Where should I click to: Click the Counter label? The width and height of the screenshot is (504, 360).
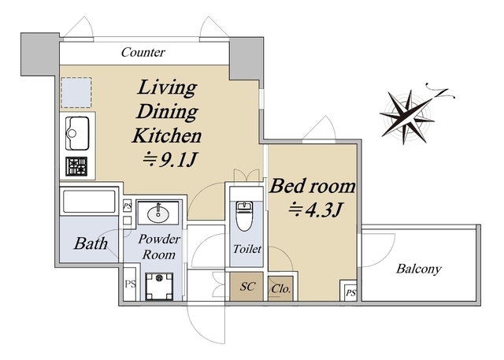pyautogui.click(x=143, y=52)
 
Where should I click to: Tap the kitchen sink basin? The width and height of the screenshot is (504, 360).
pyautogui.click(x=77, y=133)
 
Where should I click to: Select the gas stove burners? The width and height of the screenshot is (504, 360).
pyautogui.click(x=76, y=166)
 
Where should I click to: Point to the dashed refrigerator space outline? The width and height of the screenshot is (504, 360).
pyautogui.click(x=76, y=92)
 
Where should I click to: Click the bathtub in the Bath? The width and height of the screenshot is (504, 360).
pyautogui.click(x=89, y=202)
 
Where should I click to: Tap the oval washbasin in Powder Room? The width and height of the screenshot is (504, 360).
pyautogui.click(x=158, y=213)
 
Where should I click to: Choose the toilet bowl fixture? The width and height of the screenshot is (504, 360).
pyautogui.click(x=245, y=217)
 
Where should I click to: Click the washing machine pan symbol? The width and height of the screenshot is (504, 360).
pyautogui.click(x=159, y=286)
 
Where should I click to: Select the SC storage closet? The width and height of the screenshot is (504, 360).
pyautogui.click(x=246, y=287)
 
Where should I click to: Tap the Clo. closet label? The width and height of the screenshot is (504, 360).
pyautogui.click(x=281, y=288)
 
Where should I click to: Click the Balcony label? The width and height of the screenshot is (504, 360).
pyautogui.click(x=418, y=269)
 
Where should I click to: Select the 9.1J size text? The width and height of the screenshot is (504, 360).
pyautogui.click(x=170, y=160)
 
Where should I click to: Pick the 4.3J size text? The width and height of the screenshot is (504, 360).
pyautogui.click(x=315, y=210)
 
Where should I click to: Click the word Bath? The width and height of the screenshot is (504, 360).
pyautogui.click(x=91, y=243)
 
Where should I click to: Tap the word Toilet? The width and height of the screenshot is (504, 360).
pyautogui.click(x=246, y=249)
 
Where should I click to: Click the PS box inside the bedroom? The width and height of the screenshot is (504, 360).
pyautogui.click(x=350, y=293)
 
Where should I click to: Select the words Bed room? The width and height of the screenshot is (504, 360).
pyautogui.click(x=313, y=186)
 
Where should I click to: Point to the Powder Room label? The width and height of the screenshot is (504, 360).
pyautogui.click(x=159, y=247)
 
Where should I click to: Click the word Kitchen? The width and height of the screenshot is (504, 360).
pyautogui.click(x=167, y=135)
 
